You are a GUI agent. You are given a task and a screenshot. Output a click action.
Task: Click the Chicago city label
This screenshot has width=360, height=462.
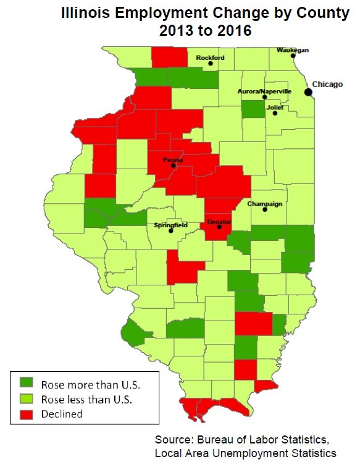pos(327,84)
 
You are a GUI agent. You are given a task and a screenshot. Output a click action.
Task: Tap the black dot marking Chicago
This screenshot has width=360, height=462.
pos(308,92)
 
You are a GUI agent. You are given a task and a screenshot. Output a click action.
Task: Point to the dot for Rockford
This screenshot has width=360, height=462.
pos(211,63)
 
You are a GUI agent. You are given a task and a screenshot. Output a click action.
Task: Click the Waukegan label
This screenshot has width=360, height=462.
pos(293,49)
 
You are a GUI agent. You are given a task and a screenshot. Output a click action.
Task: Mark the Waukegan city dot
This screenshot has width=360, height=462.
pos(293,56)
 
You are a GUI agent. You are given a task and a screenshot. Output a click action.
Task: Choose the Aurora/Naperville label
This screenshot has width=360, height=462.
pos(264,91)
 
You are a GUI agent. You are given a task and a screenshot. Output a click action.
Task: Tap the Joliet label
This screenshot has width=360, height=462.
pos(275,107)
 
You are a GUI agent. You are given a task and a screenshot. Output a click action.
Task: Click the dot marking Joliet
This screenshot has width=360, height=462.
pos(275,113)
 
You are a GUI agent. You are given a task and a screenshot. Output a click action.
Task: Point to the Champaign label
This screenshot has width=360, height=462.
pos(264,203)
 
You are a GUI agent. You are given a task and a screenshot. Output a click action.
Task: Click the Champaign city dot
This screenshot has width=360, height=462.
pos(265,209)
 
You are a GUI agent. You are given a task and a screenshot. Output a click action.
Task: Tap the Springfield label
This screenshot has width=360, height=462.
pos(170,225)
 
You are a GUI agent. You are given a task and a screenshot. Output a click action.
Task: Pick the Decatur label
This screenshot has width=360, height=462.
pos(219,221)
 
